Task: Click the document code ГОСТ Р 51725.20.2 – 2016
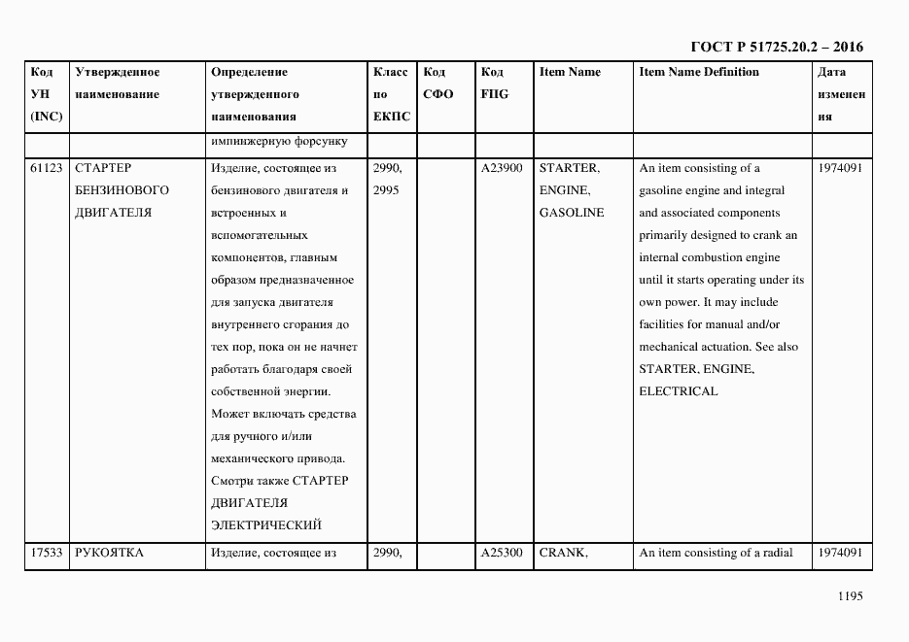coord(776,47)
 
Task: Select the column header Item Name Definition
coord(699,72)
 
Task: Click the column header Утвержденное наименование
coord(117,83)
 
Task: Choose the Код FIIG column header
coord(494,83)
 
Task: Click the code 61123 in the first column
coord(47,168)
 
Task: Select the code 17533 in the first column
coord(47,554)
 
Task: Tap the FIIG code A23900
coord(502,168)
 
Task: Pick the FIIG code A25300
coord(502,554)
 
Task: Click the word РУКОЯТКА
coord(109,554)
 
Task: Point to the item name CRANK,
coord(563,554)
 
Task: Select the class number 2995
coord(388,190)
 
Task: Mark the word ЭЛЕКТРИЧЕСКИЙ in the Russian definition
coord(265,525)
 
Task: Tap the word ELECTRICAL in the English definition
coord(678,391)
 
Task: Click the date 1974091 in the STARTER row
coord(840,168)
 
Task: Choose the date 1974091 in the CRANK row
coord(840,554)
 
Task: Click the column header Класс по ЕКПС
coord(391,94)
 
